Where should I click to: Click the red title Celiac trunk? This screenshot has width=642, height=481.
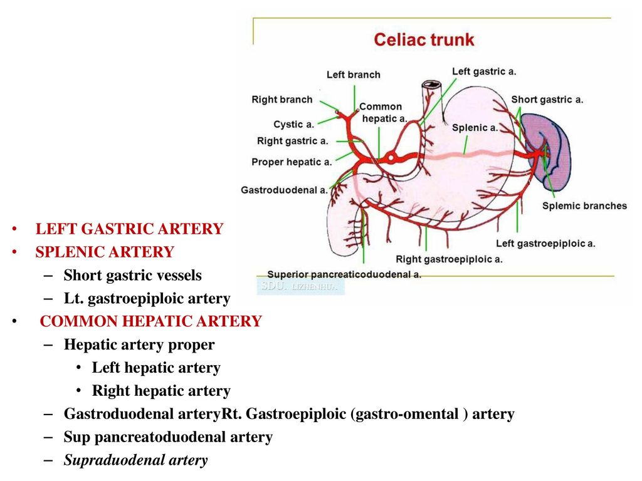[424, 39]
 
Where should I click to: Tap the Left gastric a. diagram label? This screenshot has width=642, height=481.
[484, 71]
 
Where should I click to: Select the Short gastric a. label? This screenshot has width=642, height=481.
[547, 100]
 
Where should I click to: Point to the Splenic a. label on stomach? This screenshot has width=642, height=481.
[475, 128]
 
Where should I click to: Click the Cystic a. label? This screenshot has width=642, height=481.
[293, 125]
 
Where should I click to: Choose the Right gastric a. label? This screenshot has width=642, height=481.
[292, 141]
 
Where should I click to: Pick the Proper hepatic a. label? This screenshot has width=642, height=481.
[292, 162]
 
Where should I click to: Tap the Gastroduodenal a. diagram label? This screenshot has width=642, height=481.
[284, 190]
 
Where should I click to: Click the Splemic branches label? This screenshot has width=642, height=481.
[584, 205]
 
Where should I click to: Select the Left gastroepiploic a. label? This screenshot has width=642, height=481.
[545, 244]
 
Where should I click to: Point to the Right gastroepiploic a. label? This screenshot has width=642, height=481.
[449, 259]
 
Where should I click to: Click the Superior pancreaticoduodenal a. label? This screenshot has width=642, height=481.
[344, 274]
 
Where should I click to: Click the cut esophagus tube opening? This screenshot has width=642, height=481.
[431, 85]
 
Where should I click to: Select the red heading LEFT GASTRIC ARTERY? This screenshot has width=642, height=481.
[129, 229]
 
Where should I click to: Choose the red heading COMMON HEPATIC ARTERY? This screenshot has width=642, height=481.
[150, 321]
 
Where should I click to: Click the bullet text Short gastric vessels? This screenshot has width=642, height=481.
[133, 276]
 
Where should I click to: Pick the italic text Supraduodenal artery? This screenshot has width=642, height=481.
[135, 460]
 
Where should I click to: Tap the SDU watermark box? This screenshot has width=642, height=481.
[300, 286]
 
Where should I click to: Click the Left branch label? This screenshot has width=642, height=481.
[354, 75]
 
